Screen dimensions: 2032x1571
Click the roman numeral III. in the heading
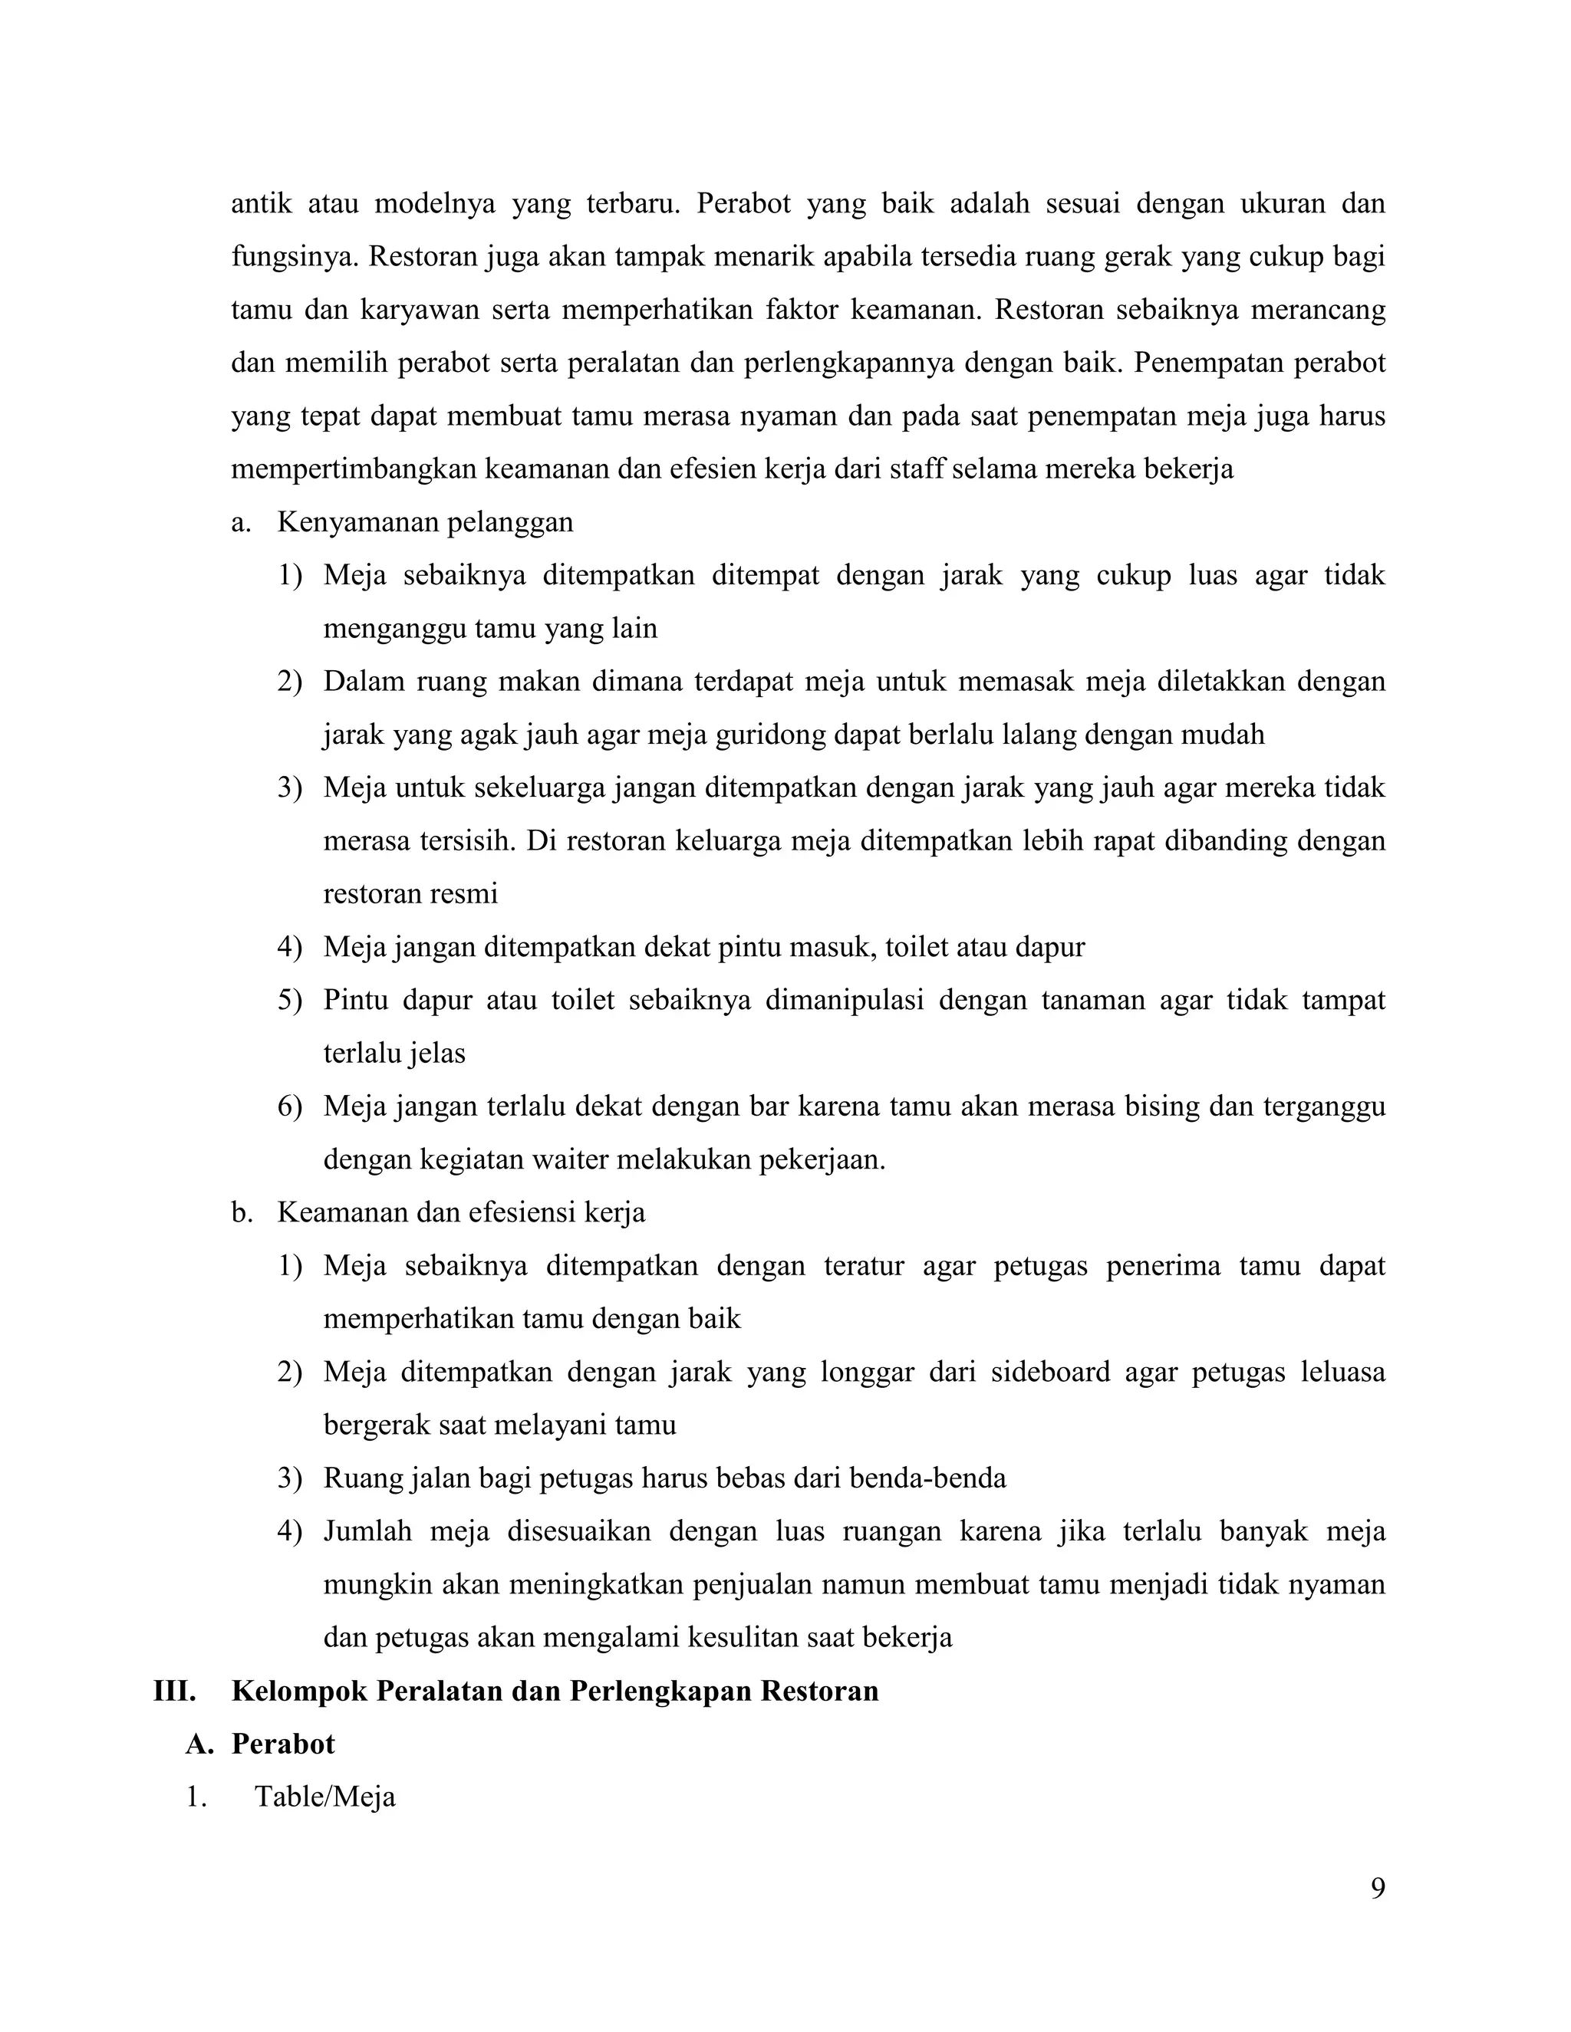tap(174, 1691)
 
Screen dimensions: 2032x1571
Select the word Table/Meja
tap(324, 1797)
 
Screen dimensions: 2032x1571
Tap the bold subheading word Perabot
tap(283, 1744)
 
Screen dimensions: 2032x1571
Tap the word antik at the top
tap(261, 204)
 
